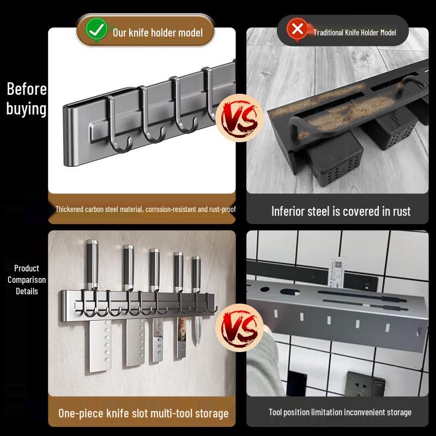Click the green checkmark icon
96,30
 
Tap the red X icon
297,29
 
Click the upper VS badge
239,118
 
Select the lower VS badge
239,328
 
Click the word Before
27,89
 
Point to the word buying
26,108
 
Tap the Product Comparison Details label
27,280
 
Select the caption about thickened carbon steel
146,209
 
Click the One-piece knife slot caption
143,413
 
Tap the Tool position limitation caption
340,412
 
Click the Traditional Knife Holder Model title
355,33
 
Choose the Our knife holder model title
158,33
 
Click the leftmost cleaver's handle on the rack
92,264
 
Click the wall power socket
365,384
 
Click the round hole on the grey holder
264,289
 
